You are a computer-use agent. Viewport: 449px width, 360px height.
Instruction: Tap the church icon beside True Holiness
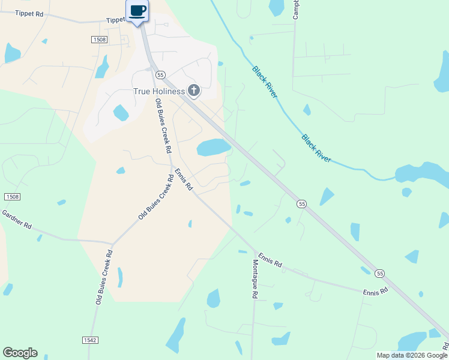click(193, 91)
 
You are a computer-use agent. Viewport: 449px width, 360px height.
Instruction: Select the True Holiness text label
click(159, 91)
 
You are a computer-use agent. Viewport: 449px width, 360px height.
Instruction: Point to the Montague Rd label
click(255, 276)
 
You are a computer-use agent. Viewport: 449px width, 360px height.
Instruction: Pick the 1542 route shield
click(89, 340)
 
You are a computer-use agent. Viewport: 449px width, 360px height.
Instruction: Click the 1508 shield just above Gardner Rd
click(12, 197)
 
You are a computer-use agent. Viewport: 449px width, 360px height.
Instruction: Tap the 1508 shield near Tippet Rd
click(99, 40)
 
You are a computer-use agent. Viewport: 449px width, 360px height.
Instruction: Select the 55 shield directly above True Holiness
click(160, 74)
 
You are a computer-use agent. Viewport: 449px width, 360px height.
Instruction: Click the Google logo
click(20, 353)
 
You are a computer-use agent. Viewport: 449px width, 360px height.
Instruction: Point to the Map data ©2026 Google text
click(412, 355)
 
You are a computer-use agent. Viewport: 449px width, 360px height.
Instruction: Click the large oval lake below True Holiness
click(213, 147)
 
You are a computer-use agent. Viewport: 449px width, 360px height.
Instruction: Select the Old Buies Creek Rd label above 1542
click(104, 277)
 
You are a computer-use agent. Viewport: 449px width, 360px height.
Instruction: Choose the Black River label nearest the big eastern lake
click(316, 149)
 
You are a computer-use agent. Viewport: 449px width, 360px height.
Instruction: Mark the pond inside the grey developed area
click(121, 112)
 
